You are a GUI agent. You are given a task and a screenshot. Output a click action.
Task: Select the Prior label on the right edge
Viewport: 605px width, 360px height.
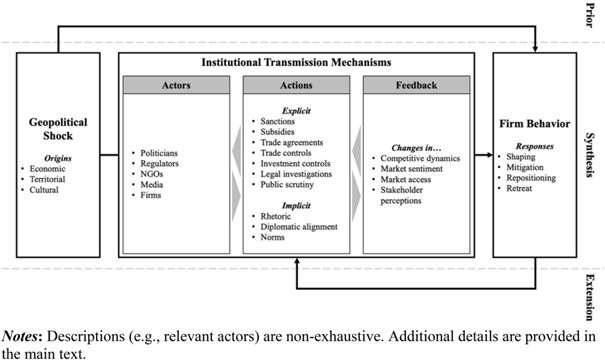pyautogui.click(x=593, y=16)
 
